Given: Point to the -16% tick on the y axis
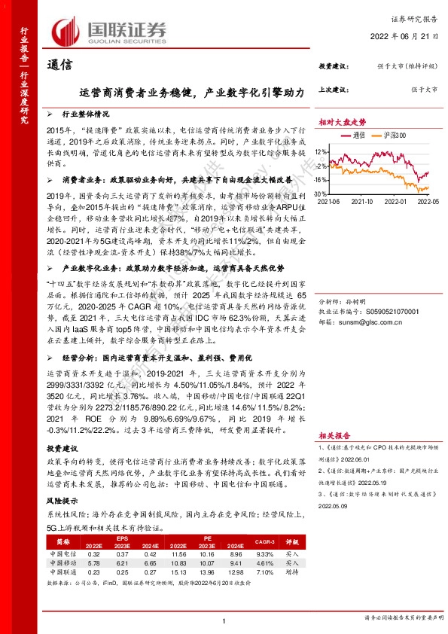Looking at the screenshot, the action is tap(322, 180).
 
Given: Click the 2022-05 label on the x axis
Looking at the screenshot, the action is tap(427, 202).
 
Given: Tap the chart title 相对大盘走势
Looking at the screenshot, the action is tap(342, 120).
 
